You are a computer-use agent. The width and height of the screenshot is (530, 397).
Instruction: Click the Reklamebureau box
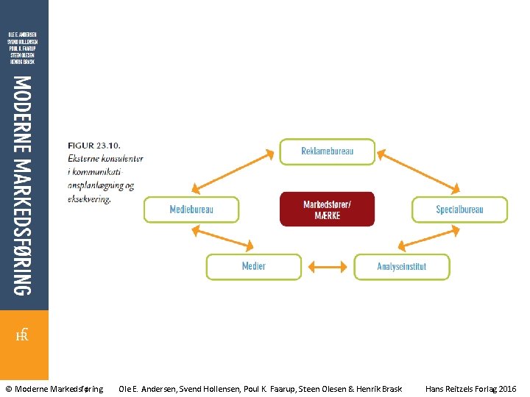point(327,151)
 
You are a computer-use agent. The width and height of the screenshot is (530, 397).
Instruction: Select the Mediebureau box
point(191,210)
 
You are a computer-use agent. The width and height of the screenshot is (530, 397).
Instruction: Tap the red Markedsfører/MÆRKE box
point(327,210)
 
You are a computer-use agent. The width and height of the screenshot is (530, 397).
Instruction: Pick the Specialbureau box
point(459,210)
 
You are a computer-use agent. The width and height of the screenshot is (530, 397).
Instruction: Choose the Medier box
point(253,266)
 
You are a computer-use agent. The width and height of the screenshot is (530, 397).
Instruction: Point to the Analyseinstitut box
point(401,266)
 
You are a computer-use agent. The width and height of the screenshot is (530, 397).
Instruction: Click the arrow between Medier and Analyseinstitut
point(328,266)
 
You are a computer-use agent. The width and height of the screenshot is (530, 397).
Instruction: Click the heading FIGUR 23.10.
point(95,146)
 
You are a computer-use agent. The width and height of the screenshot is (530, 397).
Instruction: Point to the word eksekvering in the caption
point(89,198)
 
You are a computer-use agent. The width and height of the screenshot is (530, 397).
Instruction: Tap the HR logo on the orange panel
point(23,336)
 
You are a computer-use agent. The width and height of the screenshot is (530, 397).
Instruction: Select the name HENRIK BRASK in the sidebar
point(22,62)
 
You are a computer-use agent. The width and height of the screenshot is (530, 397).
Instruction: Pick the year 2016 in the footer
point(507,388)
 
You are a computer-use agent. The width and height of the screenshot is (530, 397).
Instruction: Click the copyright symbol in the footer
point(9,388)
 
